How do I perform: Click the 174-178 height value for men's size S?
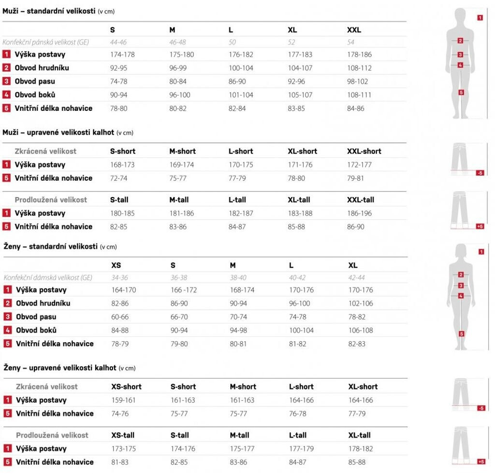point(122,55)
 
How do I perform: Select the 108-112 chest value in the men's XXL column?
point(359,68)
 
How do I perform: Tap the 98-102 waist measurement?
point(358,81)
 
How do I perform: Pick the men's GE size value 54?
point(351,43)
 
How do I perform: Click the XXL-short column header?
point(364,151)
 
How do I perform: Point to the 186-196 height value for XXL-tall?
point(360,213)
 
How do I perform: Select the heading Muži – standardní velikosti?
point(49,11)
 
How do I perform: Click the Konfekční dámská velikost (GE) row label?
point(48,278)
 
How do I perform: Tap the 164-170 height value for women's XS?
point(124,290)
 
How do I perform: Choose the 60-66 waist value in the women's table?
point(120,317)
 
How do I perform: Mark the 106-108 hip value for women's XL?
point(361,330)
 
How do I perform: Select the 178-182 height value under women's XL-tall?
point(361,449)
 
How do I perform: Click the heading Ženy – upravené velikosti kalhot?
point(60,367)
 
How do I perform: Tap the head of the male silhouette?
point(460,15)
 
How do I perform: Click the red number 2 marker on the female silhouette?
point(461,275)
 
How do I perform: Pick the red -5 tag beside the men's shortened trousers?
point(480,173)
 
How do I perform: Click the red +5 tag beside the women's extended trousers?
point(480,461)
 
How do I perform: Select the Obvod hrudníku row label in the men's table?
point(42,68)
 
